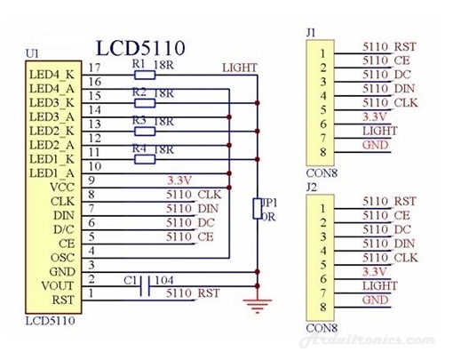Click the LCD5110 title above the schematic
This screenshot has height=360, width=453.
140,49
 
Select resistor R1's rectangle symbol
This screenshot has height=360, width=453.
145,75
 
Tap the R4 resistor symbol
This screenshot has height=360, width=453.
145,160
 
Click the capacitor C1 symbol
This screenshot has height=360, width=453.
145,286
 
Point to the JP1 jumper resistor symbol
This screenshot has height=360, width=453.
258,209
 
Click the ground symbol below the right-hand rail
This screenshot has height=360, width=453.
258,306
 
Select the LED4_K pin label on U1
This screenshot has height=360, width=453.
52,75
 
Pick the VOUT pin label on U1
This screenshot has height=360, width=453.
58,286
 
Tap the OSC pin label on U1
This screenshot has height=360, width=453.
62,258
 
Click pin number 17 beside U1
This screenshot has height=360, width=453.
95,68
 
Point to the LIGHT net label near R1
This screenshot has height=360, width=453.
240,68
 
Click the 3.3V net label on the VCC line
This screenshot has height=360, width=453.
179,180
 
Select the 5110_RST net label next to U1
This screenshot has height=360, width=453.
193,293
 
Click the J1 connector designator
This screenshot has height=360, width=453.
311,33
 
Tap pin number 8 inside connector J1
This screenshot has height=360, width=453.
323,152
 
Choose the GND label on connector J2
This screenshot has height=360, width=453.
375,300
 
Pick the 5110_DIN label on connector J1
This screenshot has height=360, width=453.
388,89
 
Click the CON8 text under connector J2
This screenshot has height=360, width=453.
322,328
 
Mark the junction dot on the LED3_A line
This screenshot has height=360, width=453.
229,117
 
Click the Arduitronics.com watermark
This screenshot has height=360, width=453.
367,340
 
